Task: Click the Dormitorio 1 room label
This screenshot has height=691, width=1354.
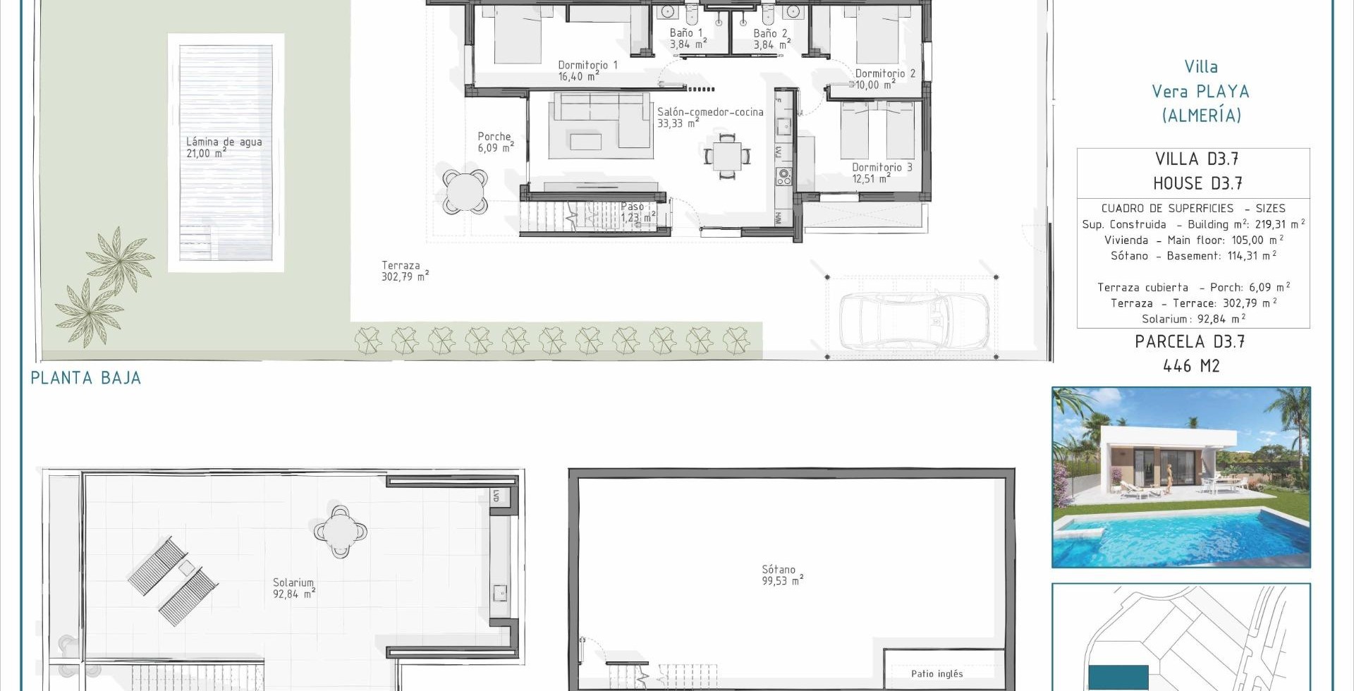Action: (587, 71)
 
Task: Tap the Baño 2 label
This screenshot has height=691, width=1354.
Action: (771, 39)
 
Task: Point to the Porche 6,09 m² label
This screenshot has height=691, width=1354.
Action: (495, 142)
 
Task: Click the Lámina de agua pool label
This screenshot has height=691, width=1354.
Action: (224, 147)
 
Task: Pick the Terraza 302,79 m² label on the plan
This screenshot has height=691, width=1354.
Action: (405, 271)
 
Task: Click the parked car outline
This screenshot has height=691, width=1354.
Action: (915, 321)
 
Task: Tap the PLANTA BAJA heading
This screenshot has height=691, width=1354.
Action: (85, 378)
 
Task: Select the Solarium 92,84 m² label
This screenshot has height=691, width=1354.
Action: (293, 588)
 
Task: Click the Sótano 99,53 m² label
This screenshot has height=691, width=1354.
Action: (782, 575)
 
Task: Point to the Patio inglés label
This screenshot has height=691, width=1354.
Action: (937, 673)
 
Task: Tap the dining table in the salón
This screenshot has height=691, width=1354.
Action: (727, 156)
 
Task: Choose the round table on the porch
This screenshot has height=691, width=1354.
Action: (465, 191)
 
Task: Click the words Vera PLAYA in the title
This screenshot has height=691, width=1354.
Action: (1200, 92)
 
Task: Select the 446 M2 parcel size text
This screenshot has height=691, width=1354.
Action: (1191, 366)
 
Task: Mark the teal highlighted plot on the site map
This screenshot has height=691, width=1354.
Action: (1118, 678)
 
